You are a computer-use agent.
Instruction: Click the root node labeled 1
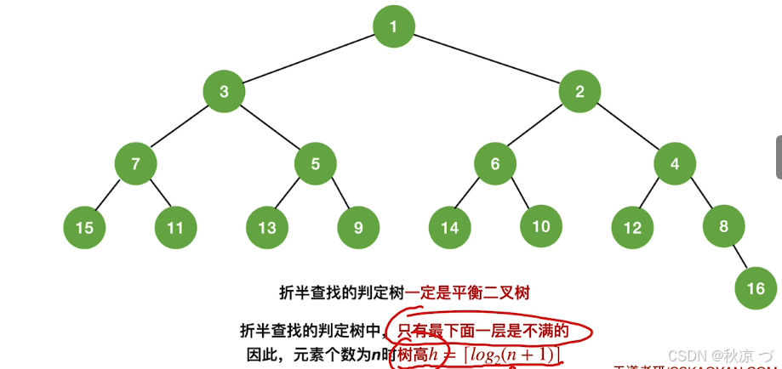(x=393, y=26)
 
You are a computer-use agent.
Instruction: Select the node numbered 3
(x=224, y=92)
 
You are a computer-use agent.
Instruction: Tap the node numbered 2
(x=579, y=92)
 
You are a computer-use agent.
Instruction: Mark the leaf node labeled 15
(x=84, y=227)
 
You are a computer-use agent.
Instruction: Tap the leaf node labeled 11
(x=175, y=227)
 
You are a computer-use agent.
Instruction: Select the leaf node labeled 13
(x=267, y=227)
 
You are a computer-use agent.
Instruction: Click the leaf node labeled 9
(x=358, y=227)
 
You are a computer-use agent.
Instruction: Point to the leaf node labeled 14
(x=449, y=227)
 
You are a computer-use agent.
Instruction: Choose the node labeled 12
(x=632, y=227)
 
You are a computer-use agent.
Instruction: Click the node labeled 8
(x=724, y=226)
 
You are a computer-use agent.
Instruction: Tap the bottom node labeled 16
(x=756, y=288)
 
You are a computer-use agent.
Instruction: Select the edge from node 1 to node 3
(x=308, y=60)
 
